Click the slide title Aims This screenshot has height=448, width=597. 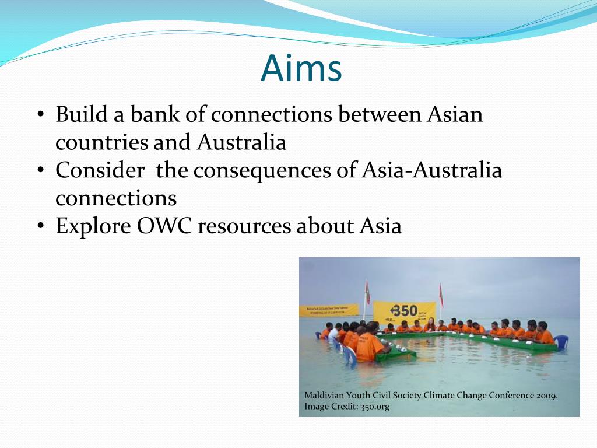(x=301, y=68)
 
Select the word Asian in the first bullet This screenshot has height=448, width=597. (x=455, y=114)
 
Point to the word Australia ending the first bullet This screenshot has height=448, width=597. (x=241, y=142)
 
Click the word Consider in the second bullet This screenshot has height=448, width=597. (x=100, y=170)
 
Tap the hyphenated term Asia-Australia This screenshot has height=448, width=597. (x=431, y=170)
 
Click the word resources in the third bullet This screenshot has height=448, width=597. (x=244, y=226)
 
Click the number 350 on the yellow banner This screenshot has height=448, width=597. (x=403, y=311)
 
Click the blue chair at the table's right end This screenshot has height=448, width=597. (x=560, y=341)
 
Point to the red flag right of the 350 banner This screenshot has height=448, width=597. (x=441, y=296)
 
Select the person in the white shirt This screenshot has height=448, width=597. (x=333, y=335)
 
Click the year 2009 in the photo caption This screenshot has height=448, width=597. (x=547, y=395)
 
